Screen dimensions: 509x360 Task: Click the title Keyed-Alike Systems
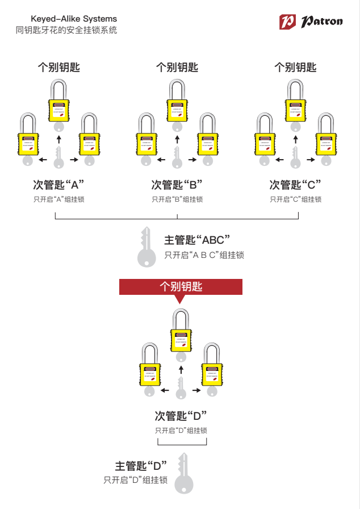tap(73, 19)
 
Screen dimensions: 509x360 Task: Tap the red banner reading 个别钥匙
tap(181, 287)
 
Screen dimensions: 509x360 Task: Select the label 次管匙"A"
tap(58, 185)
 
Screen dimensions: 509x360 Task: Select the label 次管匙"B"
tap(177, 185)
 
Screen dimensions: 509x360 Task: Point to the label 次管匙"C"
tap(295, 185)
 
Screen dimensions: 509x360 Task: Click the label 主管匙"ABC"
tap(196, 240)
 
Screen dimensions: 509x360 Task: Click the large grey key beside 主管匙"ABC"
tap(146, 248)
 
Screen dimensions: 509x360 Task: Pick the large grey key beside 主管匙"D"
tap(183, 473)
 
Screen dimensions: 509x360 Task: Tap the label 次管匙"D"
tap(181, 415)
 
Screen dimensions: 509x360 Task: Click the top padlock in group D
tap(181, 333)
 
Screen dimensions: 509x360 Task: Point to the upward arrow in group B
tap(177, 139)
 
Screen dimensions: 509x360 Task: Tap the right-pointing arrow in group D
tap(196, 390)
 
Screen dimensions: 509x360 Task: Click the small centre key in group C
tap(295, 157)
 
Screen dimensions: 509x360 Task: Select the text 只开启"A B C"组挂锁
tap(204, 255)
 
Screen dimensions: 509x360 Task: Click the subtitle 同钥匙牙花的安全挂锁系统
tap(66, 30)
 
